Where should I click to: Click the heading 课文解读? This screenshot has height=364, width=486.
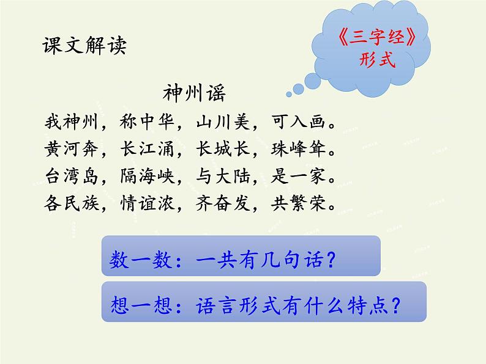[84, 46]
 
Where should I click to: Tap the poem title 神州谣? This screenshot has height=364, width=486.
[194, 93]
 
